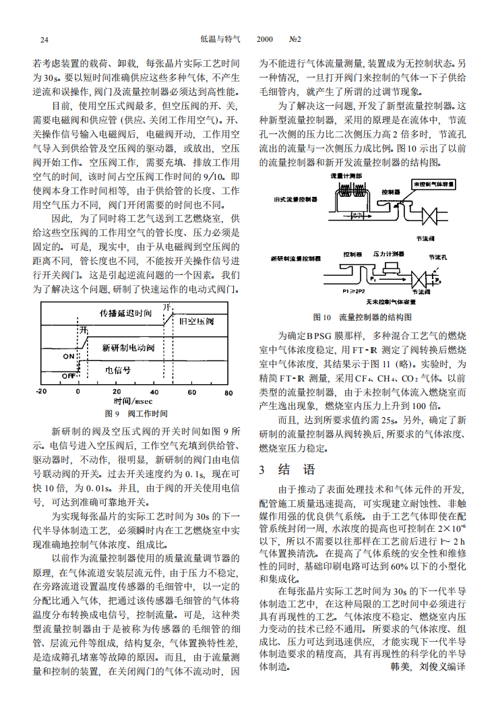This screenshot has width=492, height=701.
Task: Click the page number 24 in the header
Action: tap(44, 40)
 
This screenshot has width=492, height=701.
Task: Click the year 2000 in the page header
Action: tap(265, 40)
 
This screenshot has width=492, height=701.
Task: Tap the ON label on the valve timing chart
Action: tap(69, 355)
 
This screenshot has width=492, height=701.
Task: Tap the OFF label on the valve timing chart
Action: tap(69, 375)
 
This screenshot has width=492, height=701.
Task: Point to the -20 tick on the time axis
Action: tap(41, 392)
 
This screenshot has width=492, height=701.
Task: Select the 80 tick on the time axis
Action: tap(228, 392)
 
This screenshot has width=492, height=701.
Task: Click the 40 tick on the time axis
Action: tap(154, 392)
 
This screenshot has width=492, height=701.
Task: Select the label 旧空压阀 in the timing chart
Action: tap(196, 322)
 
